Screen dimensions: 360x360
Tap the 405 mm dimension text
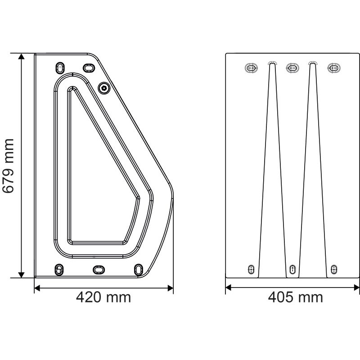click(x=296, y=297)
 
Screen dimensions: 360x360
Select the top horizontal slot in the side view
click(x=90, y=67)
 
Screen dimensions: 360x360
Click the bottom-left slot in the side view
click(x=58, y=269)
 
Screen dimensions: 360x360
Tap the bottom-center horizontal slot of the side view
click(x=98, y=269)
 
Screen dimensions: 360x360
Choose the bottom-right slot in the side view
click(x=138, y=269)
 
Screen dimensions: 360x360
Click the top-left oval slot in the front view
click(x=251, y=68)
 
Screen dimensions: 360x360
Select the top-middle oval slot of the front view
click(x=292, y=68)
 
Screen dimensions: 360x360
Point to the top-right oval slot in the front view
click(x=334, y=68)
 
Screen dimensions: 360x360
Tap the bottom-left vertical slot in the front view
click(x=252, y=269)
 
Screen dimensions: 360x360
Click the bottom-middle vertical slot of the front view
click(x=292, y=269)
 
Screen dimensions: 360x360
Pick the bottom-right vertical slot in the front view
click(x=333, y=269)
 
